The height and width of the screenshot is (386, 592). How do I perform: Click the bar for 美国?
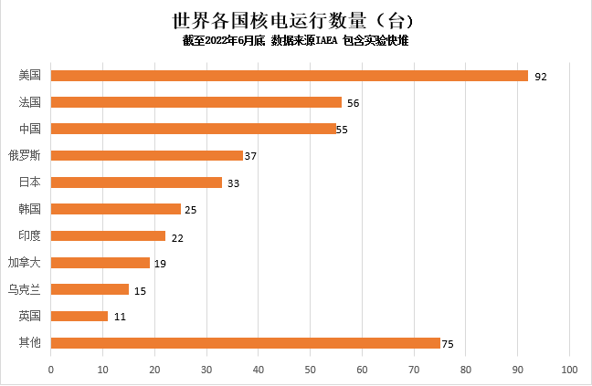pos(289,76)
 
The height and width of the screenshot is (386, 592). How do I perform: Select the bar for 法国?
pos(196,102)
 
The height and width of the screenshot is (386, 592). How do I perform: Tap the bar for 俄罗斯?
pos(146,156)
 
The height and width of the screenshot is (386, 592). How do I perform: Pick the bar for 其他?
pos(245,343)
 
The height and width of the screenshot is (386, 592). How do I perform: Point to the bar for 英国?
pos(79,317)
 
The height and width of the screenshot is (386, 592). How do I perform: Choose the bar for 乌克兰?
pos(90,289)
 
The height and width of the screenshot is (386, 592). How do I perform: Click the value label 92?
pos(540,77)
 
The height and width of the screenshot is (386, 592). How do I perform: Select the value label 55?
pos(343,130)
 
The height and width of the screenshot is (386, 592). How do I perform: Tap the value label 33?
pos(233,183)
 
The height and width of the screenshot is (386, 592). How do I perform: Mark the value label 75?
pos(448,344)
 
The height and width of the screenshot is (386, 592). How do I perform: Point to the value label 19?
pos(160,264)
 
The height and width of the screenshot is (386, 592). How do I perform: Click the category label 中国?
pos(30,129)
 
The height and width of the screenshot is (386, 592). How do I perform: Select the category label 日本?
pos(30,183)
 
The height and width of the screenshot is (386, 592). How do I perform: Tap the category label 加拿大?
pos(25,263)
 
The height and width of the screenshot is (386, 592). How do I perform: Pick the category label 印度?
pos(30,236)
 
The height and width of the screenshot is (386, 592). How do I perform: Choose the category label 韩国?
pos(30,209)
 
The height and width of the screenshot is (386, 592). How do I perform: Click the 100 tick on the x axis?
pos(570,369)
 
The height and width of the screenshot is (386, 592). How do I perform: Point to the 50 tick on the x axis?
pos(311,369)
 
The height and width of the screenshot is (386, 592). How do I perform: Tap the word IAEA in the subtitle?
pos(327,41)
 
